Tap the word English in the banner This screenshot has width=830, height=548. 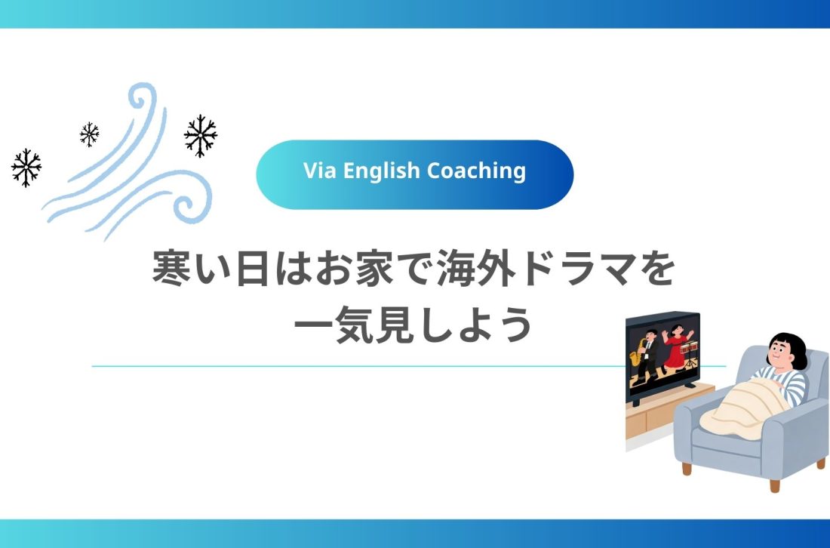point(381,171)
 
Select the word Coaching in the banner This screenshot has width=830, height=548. point(476,171)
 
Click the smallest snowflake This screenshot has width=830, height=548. point(89,134)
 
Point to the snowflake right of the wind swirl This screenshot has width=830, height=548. point(201,136)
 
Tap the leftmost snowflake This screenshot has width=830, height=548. point(26,167)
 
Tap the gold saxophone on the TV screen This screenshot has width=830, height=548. point(643,355)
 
